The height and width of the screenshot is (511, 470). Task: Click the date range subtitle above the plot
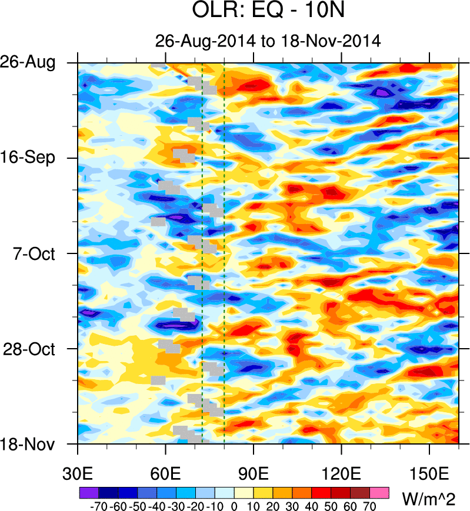268,42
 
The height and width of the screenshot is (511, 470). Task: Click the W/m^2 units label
428,499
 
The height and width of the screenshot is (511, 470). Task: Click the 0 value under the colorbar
234,505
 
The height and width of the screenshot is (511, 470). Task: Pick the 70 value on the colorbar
371,505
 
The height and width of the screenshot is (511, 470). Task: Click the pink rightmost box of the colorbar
380,492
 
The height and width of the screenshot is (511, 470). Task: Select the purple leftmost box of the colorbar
88,492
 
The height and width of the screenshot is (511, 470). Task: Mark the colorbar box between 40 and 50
322,492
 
